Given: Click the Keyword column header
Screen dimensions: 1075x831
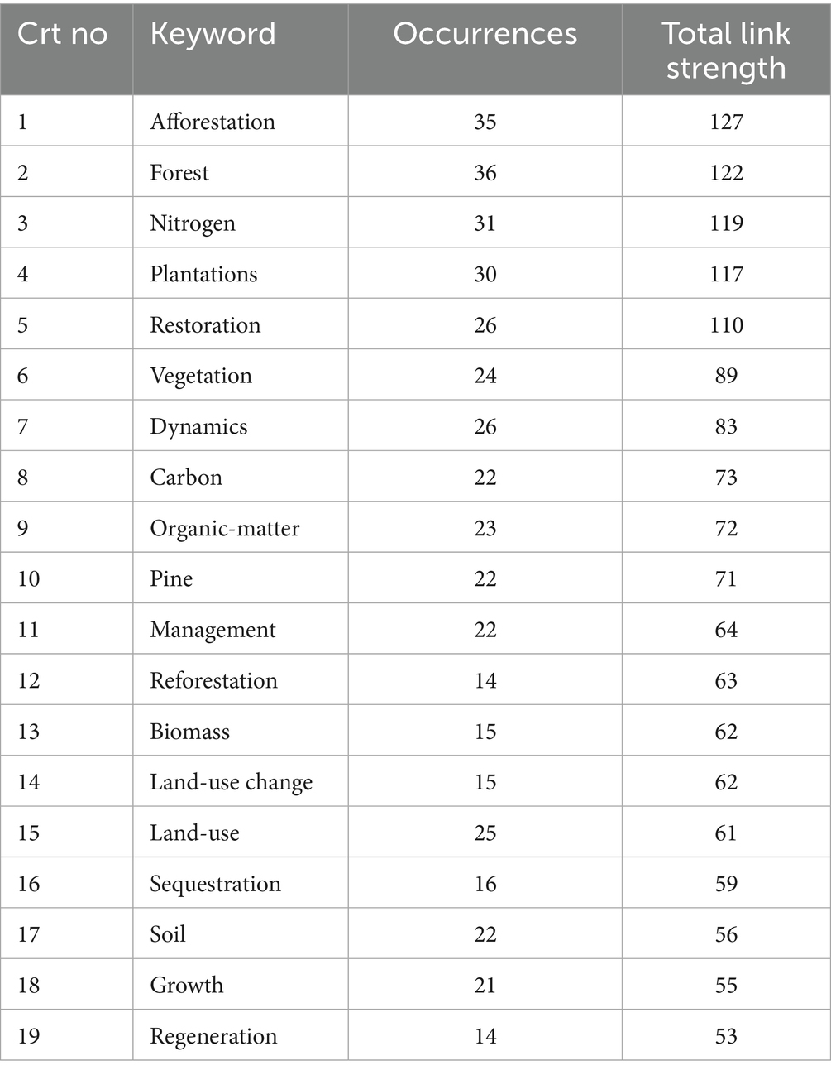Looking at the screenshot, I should [213, 34].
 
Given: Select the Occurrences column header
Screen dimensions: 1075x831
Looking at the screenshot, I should [485, 34].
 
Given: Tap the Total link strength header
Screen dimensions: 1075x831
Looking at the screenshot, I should [726, 50].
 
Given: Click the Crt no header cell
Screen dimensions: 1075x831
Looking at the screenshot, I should [63, 34].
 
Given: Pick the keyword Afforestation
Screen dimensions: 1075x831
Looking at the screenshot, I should [213, 122].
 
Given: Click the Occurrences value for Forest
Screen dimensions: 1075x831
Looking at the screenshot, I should [485, 173].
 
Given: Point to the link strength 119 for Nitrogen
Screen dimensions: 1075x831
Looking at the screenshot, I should [726, 223].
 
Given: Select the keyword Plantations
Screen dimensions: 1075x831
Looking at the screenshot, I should [203, 275].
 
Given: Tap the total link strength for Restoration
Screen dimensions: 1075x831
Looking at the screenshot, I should [726, 325].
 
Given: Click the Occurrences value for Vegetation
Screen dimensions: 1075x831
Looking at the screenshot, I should [485, 376].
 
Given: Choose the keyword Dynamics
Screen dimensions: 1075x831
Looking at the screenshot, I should [198, 427].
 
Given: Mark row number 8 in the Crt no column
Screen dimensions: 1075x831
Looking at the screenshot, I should [23, 478].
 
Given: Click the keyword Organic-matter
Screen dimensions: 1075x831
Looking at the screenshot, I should [224, 529].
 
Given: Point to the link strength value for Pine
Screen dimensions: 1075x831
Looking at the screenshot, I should [726, 579].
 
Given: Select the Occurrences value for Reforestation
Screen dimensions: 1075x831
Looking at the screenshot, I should [485, 681].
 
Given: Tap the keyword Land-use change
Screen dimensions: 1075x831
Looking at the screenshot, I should [231, 783].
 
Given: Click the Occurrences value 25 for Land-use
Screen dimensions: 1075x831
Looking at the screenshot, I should [485, 833].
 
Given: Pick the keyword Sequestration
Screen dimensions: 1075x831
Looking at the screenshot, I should [215, 885].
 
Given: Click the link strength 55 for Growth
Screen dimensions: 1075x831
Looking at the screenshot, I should [726, 986].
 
